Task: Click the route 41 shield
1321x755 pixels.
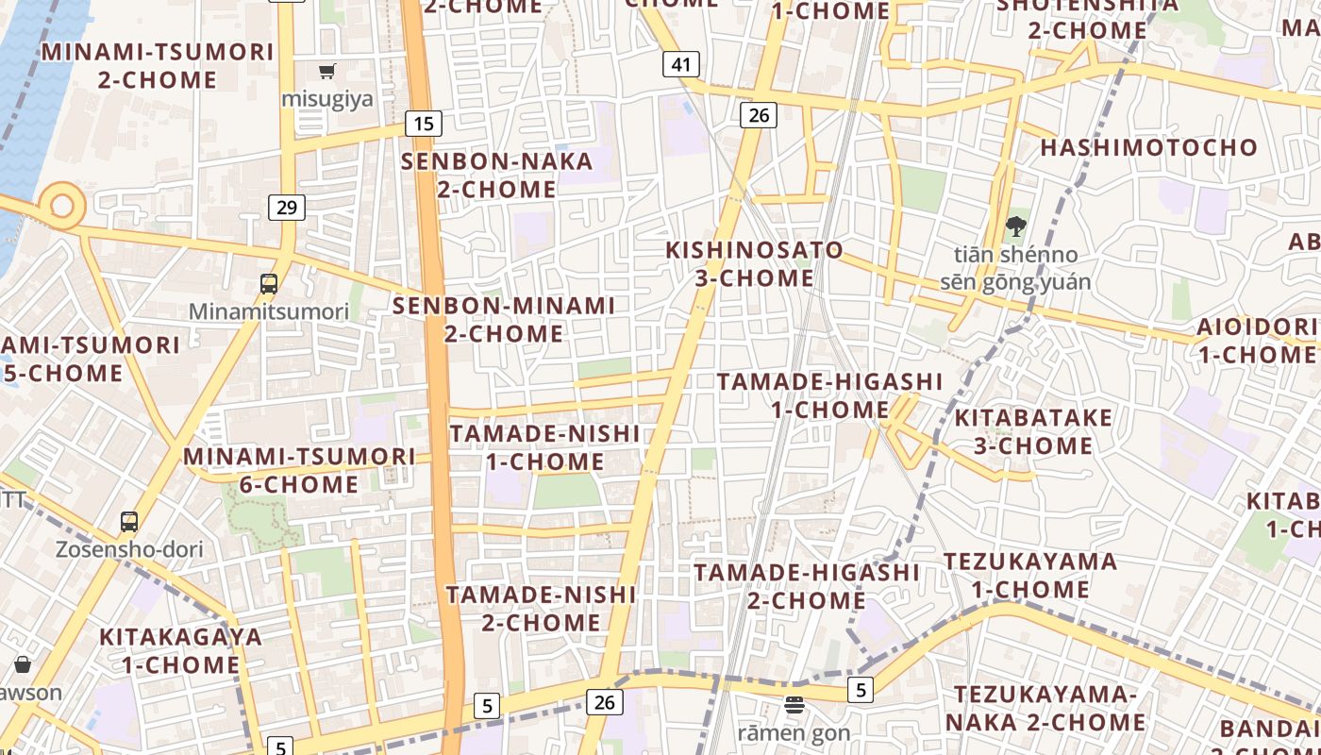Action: (681, 64)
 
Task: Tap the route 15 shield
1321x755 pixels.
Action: (424, 123)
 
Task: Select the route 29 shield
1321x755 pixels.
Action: (287, 208)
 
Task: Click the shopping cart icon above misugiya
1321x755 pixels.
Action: (327, 71)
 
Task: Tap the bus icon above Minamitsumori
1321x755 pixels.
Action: (269, 283)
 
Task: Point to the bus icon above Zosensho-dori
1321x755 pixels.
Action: (129, 521)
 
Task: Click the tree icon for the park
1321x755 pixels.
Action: (1015, 226)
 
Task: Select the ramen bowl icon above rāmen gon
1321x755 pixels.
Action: (794, 704)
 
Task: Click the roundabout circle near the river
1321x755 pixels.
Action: (62, 205)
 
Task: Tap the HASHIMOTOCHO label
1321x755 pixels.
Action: (1148, 147)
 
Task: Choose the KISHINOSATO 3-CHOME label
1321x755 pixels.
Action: (755, 264)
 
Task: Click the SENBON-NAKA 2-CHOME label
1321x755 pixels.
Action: (496, 175)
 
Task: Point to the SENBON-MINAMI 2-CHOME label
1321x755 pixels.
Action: (503, 319)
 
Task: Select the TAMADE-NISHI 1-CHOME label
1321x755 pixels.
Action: (544, 447)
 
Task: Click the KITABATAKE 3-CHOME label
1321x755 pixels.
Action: (1033, 431)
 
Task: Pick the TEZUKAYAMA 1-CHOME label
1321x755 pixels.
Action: (1030, 575)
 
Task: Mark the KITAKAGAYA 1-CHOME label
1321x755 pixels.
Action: (180, 650)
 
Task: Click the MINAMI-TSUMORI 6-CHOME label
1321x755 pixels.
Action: (299, 470)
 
